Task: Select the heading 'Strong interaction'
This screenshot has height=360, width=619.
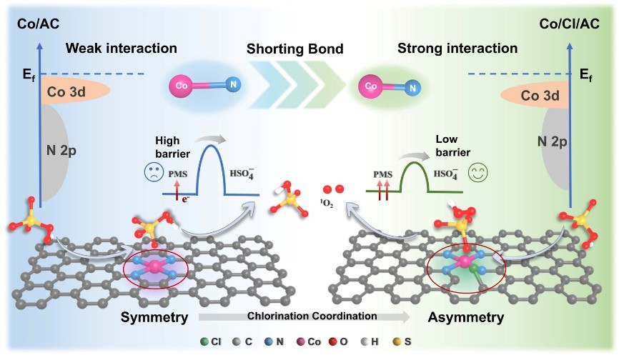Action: [467, 49]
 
